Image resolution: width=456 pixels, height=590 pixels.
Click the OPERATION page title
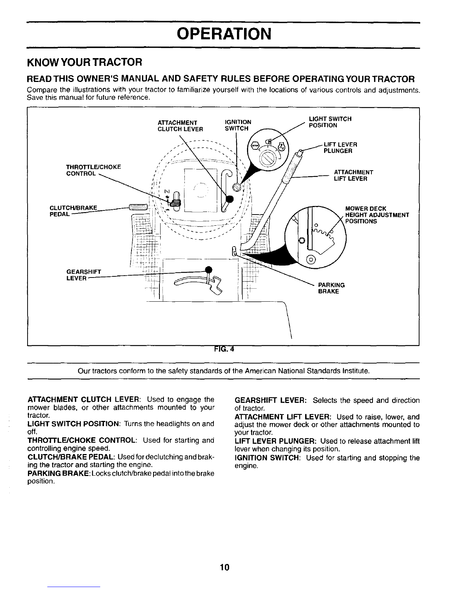pos(223,35)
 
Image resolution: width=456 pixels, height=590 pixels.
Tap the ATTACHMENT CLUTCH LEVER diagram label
pos(180,126)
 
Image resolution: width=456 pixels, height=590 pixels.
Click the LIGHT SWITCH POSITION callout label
pos(330,122)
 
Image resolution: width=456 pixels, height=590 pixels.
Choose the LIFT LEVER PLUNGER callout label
pos(341,147)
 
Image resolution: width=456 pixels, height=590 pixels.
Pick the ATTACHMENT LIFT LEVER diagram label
pos(354,175)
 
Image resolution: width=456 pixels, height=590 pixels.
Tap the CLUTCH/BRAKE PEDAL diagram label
pos(73,211)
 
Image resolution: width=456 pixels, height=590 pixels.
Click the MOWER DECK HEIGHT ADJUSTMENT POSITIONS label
pos(377,215)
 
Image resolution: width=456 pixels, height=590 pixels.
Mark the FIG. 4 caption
pos(224,349)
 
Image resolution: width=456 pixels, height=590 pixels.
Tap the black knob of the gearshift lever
pos(209,270)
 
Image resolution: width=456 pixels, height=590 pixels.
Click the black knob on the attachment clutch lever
pos(230,199)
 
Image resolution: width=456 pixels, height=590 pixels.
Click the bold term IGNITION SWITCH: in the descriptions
pos(268,458)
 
